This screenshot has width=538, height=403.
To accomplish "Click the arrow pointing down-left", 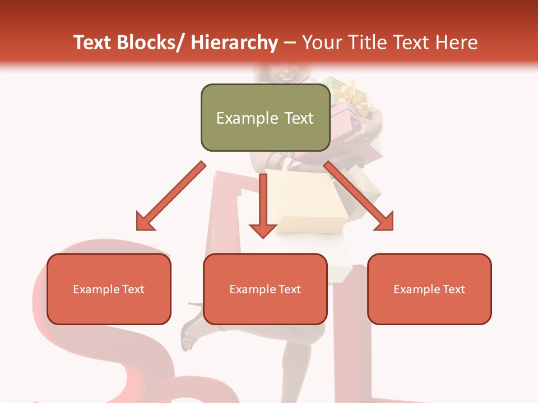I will click(170, 196).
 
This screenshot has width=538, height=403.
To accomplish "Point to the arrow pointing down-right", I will click(359, 196).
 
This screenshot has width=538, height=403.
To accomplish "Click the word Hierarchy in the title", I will click(234, 43).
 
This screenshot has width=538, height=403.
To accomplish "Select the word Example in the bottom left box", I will click(96, 289).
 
